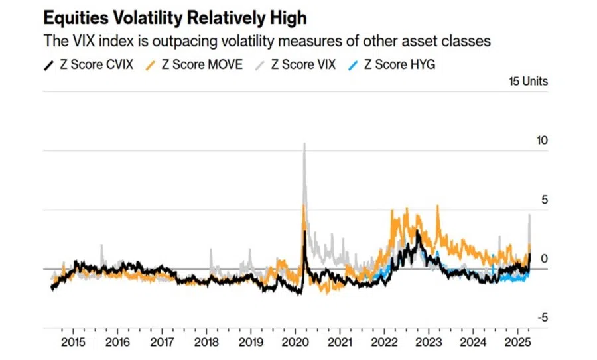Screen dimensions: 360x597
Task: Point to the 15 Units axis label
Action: point(529,82)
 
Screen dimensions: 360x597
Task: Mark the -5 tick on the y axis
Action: point(542,317)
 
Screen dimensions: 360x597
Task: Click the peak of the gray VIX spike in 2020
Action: point(304,144)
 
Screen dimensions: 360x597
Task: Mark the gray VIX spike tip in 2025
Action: point(529,215)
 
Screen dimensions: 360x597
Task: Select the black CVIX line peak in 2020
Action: point(304,231)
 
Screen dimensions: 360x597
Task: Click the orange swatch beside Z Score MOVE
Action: point(151,64)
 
